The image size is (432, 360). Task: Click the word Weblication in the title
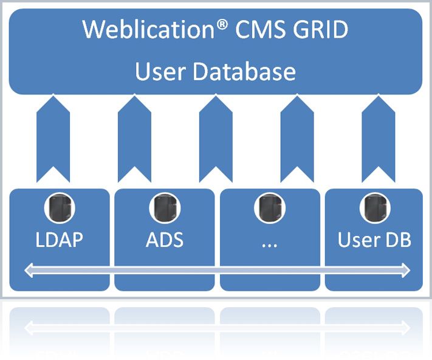point(148,29)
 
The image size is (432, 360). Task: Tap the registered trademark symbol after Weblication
point(222,24)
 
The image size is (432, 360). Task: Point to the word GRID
point(320,29)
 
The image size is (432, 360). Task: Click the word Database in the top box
point(244,71)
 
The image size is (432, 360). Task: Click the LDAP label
point(59,240)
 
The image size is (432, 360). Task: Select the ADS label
point(165,240)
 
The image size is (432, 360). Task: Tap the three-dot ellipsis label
point(269,245)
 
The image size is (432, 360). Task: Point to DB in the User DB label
point(397,240)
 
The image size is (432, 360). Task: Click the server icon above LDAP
point(60,208)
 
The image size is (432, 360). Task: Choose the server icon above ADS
point(165,208)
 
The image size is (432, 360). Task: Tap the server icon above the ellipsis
point(270,208)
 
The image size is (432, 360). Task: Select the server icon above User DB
point(375,208)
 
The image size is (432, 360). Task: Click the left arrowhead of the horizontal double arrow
point(29,270)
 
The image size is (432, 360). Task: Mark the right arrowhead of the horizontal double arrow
point(406,270)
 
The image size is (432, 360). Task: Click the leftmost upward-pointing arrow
point(53,138)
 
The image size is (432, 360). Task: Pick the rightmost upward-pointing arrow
point(379,138)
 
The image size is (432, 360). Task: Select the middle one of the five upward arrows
point(216,138)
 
